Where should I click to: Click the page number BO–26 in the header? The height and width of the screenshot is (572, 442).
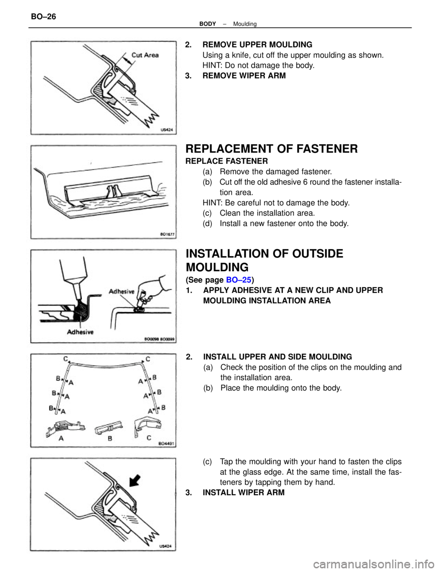tap(44, 17)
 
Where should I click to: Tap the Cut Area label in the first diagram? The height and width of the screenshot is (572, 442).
tap(145, 55)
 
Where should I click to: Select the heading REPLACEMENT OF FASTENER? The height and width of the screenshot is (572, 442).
tap(271, 149)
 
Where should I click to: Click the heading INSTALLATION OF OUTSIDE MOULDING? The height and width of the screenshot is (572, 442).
tap(264, 260)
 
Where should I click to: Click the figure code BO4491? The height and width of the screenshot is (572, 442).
tap(163, 444)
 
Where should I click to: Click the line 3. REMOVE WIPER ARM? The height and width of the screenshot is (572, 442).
tap(235, 76)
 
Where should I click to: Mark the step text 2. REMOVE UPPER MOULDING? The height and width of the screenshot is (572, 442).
tap(249, 45)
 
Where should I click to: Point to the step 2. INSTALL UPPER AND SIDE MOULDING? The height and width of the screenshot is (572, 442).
tap(269, 357)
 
